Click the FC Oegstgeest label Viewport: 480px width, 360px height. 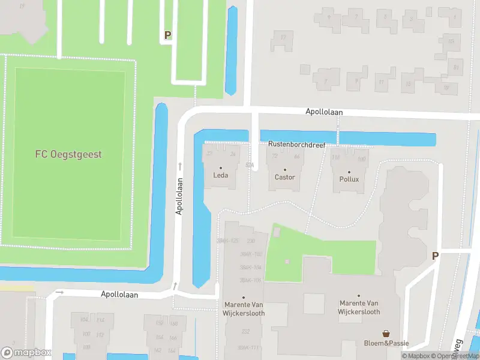click(68, 154)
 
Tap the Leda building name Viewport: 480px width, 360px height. click(220, 176)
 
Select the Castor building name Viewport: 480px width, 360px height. click(284, 177)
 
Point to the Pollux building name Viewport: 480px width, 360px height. click(349, 179)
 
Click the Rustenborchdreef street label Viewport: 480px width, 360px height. click(296, 145)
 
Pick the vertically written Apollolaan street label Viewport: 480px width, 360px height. click(179, 196)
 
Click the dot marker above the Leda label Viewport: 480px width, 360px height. click(220, 168)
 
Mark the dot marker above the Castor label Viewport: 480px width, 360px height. click(284, 169)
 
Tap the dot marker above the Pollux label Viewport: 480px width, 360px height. click(349, 172)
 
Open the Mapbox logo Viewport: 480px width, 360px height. click(26, 352)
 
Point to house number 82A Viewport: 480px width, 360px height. click(250, 164)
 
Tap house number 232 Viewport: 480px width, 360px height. click(245, 331)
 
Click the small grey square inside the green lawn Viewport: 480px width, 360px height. click(287, 261)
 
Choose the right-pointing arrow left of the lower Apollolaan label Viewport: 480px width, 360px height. click(59, 292)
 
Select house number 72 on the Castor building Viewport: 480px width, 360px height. click(275, 156)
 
